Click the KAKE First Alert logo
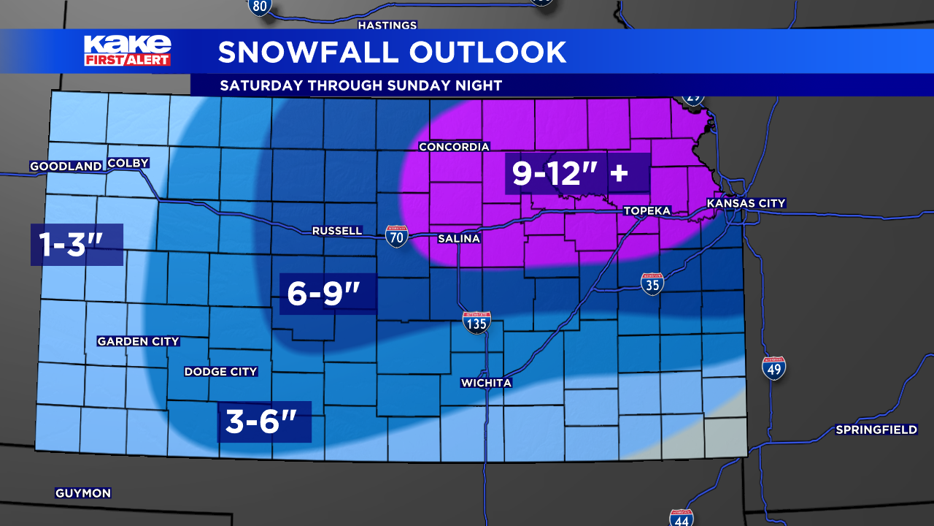pyautogui.click(x=127, y=50)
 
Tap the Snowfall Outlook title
pyautogui.click(x=392, y=52)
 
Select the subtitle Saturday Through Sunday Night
pyautogui.click(x=360, y=85)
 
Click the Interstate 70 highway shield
pyautogui.click(x=396, y=236)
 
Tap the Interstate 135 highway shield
pyautogui.click(x=476, y=322)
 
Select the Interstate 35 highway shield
pyautogui.click(x=652, y=284)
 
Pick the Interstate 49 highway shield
pyautogui.click(x=773, y=367)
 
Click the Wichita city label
pyautogui.click(x=486, y=383)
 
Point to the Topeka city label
pyautogui.click(x=647, y=210)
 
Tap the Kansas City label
pyautogui.click(x=746, y=203)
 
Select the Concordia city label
pyautogui.click(x=454, y=147)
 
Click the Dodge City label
pyautogui.click(x=220, y=371)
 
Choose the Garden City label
pyautogui.click(x=138, y=341)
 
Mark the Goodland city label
pyautogui.click(x=66, y=167)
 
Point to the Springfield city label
pyautogui.click(x=876, y=430)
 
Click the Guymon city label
pyautogui.click(x=83, y=493)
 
